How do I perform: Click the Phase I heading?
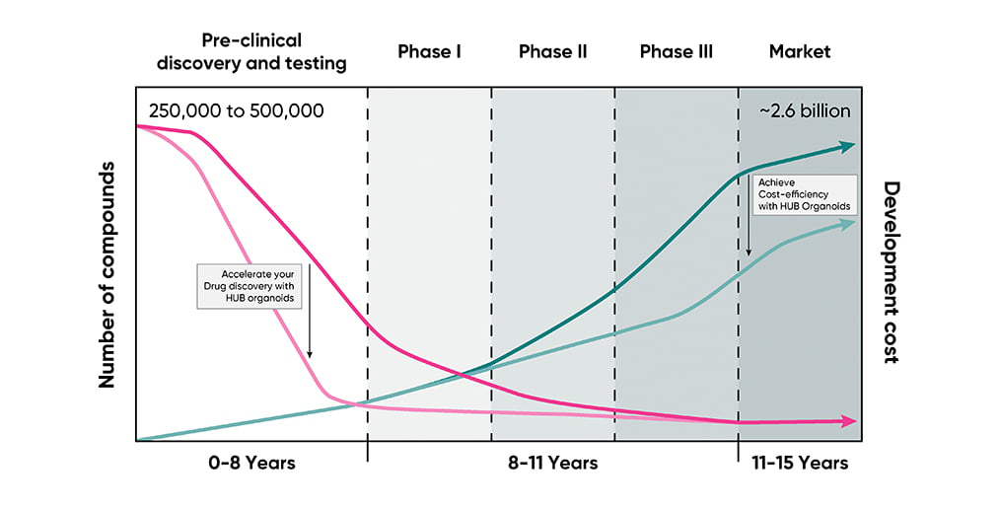point(429,51)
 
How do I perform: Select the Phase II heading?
point(552,51)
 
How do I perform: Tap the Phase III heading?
point(677,51)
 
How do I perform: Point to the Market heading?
point(800,51)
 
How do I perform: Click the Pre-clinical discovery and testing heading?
point(251,51)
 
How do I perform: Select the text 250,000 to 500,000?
point(237,110)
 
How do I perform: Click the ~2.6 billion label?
point(805,110)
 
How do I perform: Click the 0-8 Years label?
point(251,463)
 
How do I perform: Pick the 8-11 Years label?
point(552,463)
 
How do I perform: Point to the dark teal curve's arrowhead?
point(848,146)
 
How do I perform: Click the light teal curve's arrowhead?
point(848,224)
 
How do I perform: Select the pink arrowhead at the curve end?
point(849,421)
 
